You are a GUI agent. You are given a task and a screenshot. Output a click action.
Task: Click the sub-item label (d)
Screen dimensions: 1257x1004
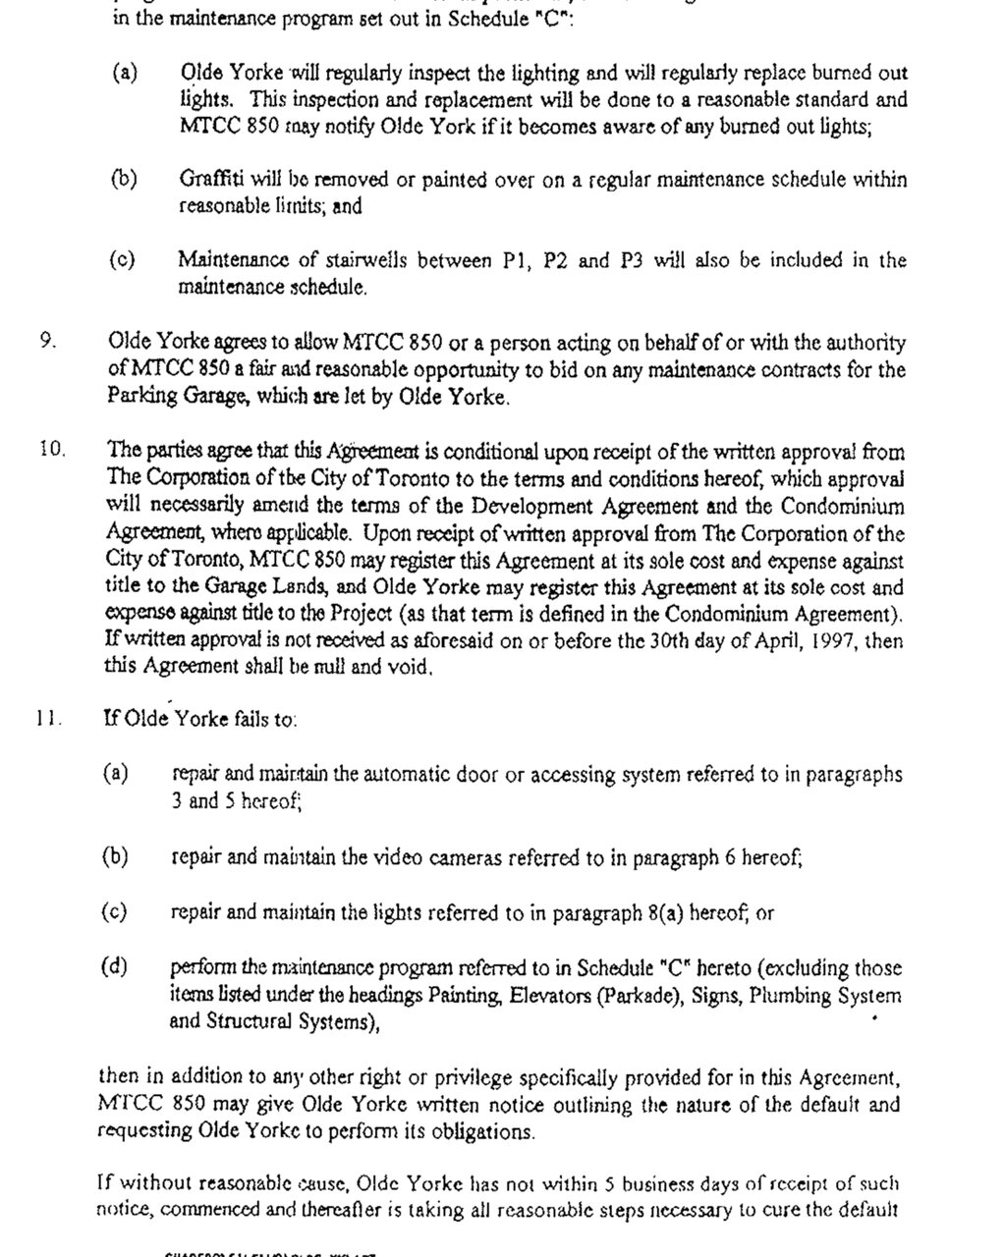click(115, 966)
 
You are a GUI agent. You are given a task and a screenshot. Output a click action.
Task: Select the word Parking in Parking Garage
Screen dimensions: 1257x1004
click(136, 398)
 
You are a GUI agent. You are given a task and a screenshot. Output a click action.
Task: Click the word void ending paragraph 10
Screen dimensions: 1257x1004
click(411, 668)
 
